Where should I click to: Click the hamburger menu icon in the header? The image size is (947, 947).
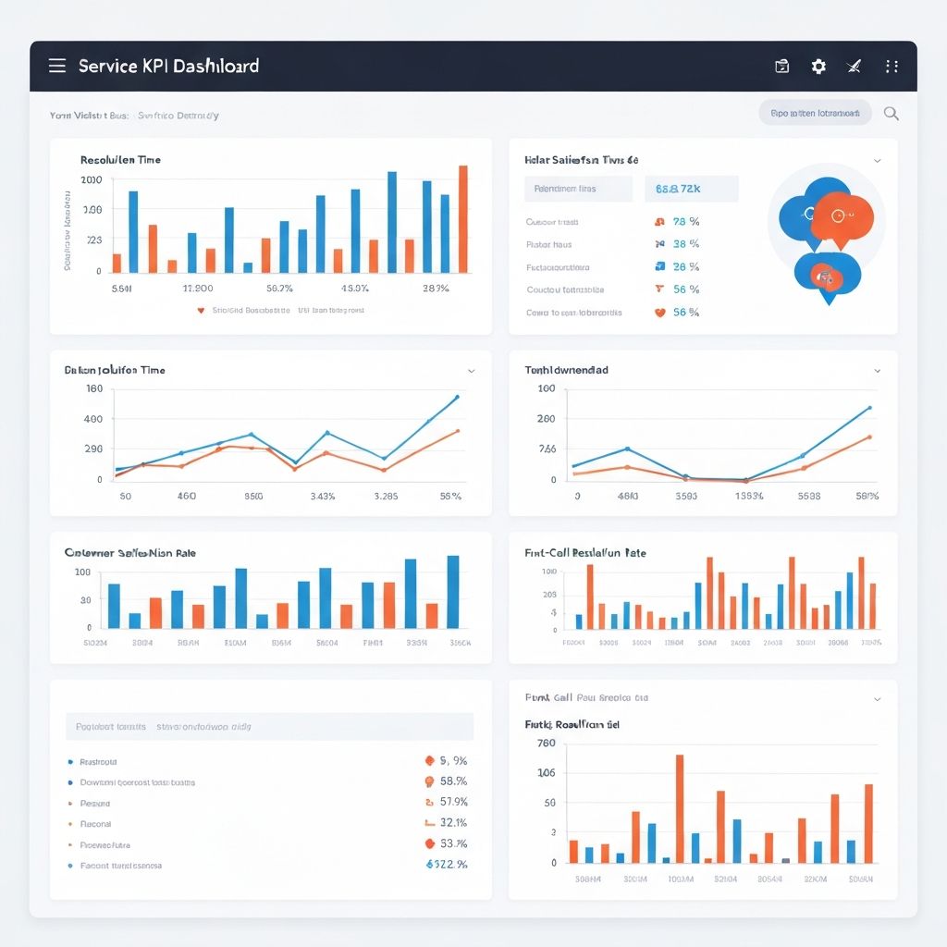coord(57,66)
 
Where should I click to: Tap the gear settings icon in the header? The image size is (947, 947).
coord(818,66)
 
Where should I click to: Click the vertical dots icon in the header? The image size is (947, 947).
coord(892,66)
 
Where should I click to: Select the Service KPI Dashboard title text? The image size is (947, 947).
coord(168,66)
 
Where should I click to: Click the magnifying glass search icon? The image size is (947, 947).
coord(892,114)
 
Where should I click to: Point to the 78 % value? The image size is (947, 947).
coord(685,222)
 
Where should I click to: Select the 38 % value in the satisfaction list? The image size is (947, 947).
coord(685,244)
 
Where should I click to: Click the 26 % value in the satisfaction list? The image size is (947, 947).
coord(685,266)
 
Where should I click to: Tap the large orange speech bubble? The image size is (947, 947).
coord(842,217)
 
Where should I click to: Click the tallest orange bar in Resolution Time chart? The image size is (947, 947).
coord(463,219)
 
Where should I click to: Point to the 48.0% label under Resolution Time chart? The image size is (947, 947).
coord(355,289)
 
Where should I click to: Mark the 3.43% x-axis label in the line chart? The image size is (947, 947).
coord(323,496)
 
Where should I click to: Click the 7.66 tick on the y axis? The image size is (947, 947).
coord(547,449)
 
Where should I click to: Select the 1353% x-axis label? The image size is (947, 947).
coord(748,496)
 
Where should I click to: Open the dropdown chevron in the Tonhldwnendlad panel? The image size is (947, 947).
coord(877,370)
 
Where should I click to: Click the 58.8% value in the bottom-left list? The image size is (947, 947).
coord(453,781)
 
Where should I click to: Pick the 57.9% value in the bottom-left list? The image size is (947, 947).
coord(453,802)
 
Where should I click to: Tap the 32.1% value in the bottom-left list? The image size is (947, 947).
coord(453,822)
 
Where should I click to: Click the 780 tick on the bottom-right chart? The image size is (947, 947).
coord(546,743)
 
